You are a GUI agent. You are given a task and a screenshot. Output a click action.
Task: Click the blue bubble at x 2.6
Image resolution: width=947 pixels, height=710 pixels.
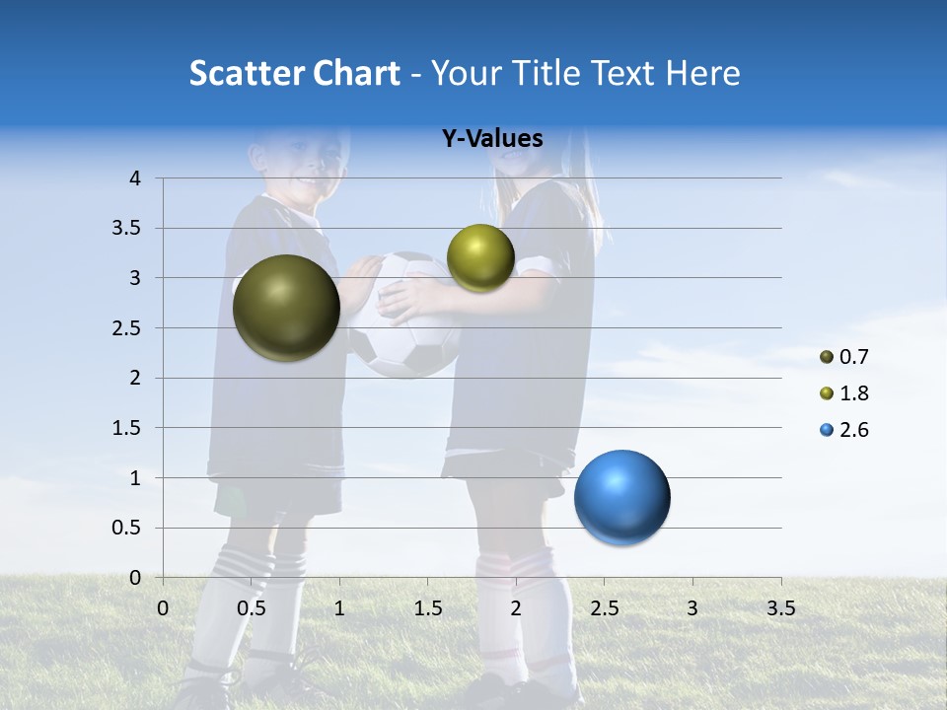click(621, 497)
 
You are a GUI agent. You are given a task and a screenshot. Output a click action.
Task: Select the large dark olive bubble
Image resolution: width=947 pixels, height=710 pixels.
click(286, 308)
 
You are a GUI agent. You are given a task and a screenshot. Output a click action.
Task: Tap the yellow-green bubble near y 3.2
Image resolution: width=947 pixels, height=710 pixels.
click(480, 257)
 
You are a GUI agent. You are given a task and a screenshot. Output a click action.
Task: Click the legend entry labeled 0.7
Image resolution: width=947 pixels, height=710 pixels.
click(843, 357)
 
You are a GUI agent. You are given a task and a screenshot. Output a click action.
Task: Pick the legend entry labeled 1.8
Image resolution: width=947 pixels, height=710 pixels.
click(843, 393)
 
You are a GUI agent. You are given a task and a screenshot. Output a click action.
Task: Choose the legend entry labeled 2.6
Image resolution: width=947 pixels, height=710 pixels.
click(843, 430)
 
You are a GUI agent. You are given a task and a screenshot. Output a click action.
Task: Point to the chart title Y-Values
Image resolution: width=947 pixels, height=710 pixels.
click(491, 139)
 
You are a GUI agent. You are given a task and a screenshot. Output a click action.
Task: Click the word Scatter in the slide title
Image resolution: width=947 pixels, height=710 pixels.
click(246, 73)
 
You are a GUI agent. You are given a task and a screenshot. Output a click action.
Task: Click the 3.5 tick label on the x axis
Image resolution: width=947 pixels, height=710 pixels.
click(780, 608)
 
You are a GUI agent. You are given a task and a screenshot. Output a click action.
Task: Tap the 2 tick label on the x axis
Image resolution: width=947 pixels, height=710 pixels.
click(516, 608)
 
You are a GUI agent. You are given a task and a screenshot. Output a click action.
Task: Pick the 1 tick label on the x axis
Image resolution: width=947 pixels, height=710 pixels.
click(339, 608)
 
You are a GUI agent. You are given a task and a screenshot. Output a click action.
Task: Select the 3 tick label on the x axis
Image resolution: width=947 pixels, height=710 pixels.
click(692, 608)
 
